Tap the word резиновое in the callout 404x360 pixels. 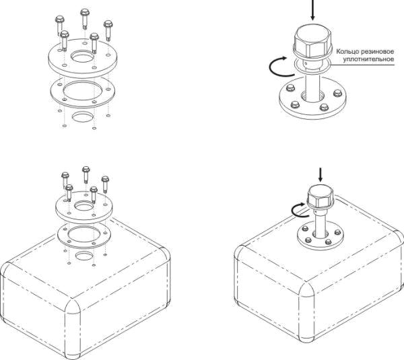tap(378, 52)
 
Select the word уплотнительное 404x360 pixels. tap(368, 59)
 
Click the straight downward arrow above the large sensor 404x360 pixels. tap(312, 10)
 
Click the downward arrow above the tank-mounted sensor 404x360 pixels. tap(321, 174)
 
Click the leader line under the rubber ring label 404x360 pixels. tap(362, 65)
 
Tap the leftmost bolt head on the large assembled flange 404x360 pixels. tap(290, 87)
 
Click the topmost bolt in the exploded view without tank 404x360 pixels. tap(85, 18)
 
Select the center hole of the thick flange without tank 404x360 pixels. tap(82, 56)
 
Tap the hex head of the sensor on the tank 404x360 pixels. tap(321, 196)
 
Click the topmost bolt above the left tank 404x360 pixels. tap(86, 174)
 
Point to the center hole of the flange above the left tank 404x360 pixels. tap(83, 206)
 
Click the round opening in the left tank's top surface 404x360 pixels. tap(83, 256)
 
